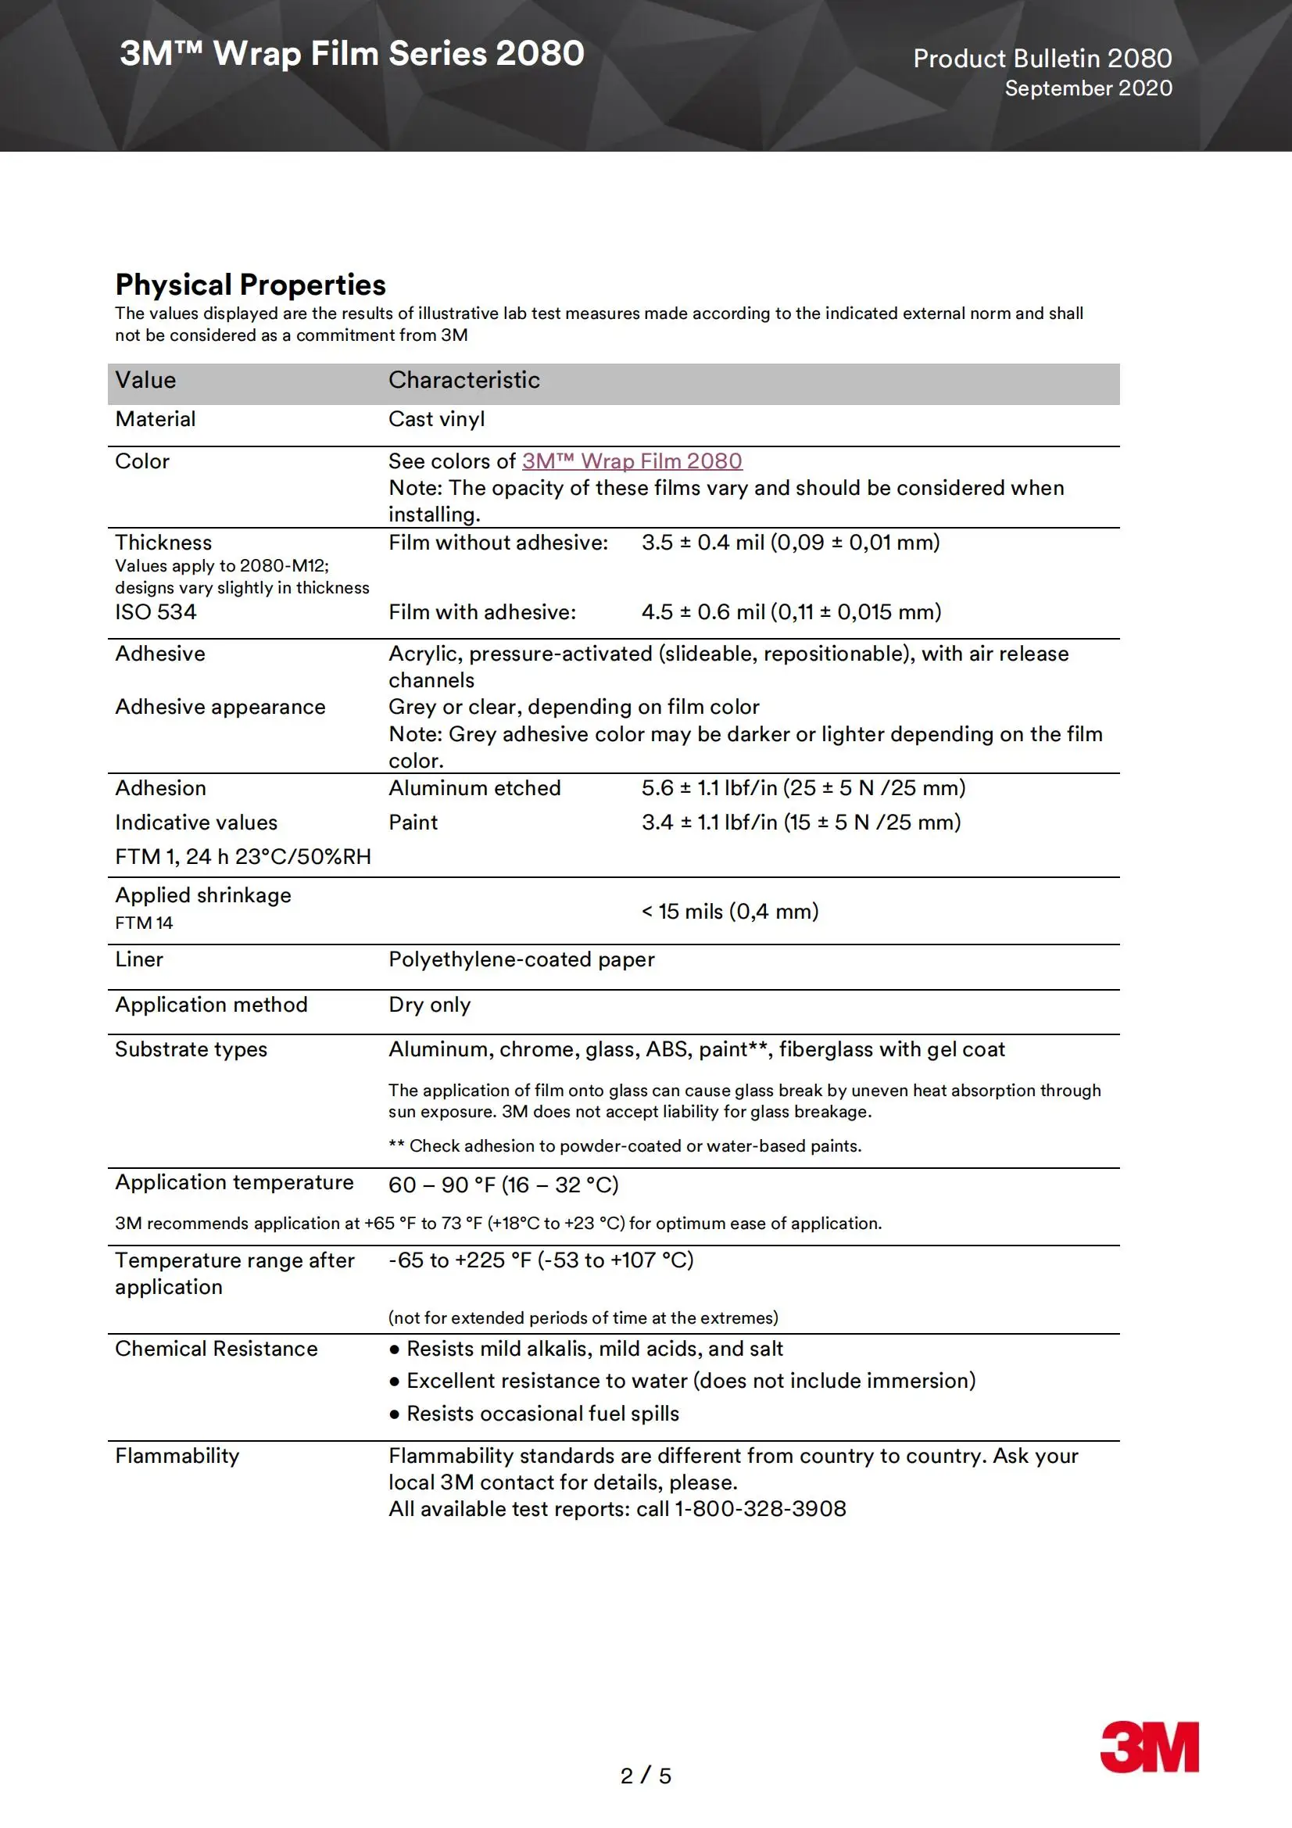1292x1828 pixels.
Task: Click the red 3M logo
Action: (x=1149, y=1747)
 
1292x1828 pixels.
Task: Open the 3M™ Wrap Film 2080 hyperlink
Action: (x=632, y=461)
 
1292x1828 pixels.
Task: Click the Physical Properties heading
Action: (x=250, y=285)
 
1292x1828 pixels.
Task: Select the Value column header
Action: (x=145, y=380)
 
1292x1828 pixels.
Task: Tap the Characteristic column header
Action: (x=463, y=380)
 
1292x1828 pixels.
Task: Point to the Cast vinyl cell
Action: (x=436, y=419)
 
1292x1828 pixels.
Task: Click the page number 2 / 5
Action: (x=646, y=1776)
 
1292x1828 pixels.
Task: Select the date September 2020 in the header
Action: (x=1087, y=88)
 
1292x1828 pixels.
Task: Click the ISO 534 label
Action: (x=156, y=611)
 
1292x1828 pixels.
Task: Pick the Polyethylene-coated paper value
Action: (x=521, y=959)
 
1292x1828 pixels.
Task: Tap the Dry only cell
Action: (x=429, y=1005)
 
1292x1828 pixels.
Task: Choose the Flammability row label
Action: (x=177, y=1455)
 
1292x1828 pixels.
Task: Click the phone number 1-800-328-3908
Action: (x=761, y=1509)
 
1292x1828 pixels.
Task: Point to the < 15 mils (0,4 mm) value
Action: (x=730, y=911)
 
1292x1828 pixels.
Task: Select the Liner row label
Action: (x=138, y=959)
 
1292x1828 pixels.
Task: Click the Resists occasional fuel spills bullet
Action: (x=542, y=1413)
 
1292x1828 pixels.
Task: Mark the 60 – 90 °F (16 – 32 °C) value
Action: (x=503, y=1185)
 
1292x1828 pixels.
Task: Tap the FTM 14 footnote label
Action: (x=143, y=923)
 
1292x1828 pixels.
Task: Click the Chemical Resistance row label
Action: (x=216, y=1349)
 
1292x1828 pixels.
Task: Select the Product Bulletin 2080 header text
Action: (x=1042, y=58)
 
